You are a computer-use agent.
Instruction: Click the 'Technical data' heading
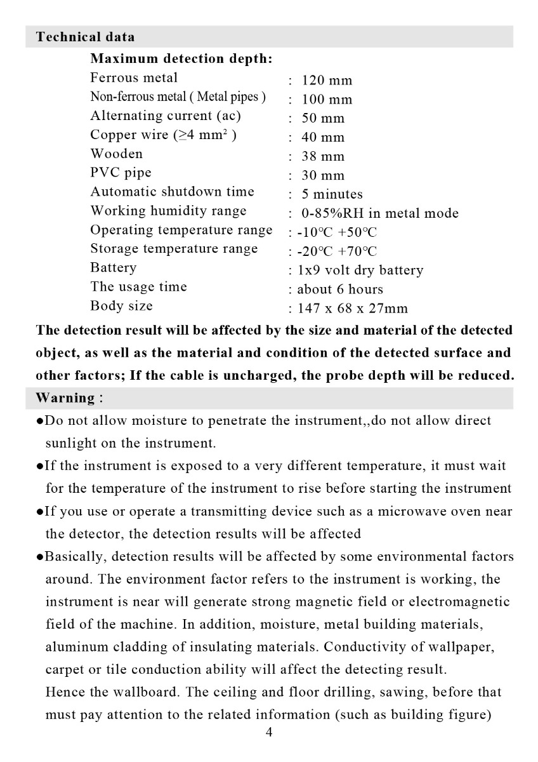[85, 37]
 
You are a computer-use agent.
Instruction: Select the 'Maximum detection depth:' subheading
[181, 59]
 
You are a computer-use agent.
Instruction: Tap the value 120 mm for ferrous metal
[326, 81]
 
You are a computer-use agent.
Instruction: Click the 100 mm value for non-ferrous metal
[326, 100]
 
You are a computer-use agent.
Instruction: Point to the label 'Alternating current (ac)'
[166, 116]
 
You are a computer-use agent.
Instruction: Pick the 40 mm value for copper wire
[322, 138]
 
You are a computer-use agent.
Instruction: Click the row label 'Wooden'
[117, 154]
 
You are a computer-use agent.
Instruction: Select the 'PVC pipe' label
[121, 173]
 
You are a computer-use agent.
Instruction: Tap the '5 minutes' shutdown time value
[332, 194]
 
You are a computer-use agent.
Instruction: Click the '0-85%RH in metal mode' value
[379, 213]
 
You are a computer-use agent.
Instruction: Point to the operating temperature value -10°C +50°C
[337, 232]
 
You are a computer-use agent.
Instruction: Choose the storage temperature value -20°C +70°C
[337, 251]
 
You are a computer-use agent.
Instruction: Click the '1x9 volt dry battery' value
[360, 271]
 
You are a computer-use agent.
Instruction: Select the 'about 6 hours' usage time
[340, 290]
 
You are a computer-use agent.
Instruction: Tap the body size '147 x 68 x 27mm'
[352, 309]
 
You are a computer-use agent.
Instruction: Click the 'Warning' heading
[65, 398]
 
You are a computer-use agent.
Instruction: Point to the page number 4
[269, 733]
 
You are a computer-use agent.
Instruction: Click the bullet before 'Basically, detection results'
[39, 558]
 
